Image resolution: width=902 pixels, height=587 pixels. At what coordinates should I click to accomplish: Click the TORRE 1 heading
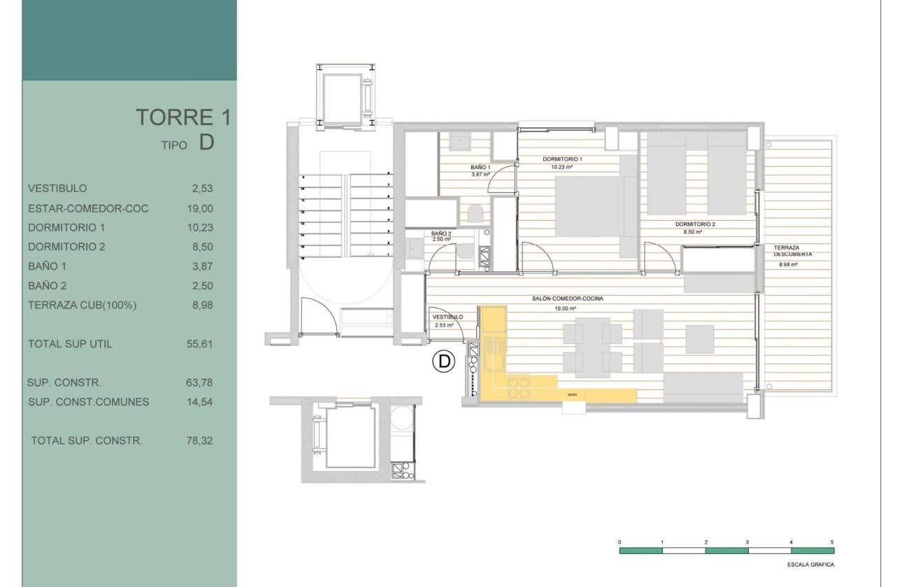click(182, 117)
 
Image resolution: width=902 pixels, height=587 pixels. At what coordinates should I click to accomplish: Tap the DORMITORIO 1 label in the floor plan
click(562, 159)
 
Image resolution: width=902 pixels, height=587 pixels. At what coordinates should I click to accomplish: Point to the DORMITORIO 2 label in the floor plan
click(695, 224)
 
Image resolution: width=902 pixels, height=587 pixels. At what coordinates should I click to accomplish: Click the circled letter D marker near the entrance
click(443, 361)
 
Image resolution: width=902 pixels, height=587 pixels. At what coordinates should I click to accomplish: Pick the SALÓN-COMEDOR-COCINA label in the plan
click(567, 298)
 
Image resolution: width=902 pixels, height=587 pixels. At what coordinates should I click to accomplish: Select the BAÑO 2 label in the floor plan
click(441, 233)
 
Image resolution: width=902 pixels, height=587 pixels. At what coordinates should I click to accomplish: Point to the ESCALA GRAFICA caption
click(810, 565)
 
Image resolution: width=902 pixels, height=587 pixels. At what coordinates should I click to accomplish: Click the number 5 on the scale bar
click(832, 542)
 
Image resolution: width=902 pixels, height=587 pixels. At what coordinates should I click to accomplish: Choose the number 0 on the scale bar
click(620, 542)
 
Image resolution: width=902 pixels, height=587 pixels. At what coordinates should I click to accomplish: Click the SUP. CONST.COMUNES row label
click(88, 402)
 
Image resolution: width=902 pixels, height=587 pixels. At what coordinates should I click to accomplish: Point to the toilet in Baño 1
click(475, 213)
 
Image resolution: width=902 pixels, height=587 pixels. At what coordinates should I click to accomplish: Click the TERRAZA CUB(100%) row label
click(82, 305)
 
